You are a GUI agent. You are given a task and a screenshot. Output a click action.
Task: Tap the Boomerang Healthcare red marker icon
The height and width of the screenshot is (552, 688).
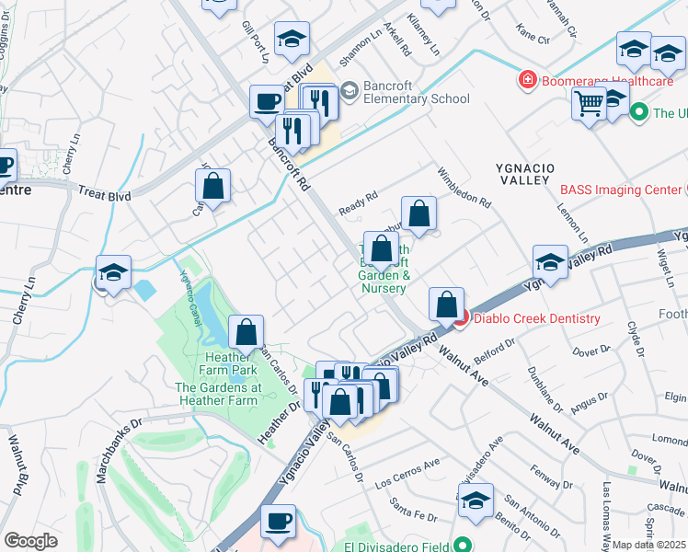[x=528, y=81]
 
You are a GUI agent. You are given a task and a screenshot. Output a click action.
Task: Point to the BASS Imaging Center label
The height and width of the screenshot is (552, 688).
[x=619, y=190]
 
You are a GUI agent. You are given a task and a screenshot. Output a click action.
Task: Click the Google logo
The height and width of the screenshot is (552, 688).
[x=30, y=540]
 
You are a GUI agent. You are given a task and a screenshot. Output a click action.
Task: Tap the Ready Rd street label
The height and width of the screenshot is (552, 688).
[x=359, y=199]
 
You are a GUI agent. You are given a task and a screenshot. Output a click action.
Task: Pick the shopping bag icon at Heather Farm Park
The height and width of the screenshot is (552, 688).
[x=247, y=331]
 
